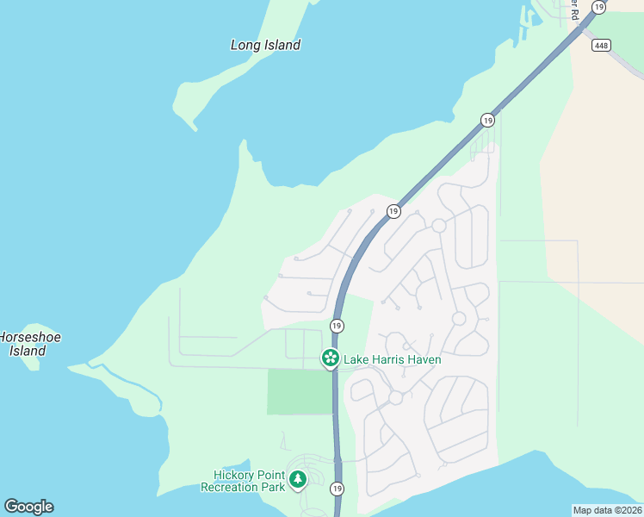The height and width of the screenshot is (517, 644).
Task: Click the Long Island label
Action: tap(265, 45)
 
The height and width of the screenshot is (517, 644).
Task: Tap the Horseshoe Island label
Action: tap(28, 344)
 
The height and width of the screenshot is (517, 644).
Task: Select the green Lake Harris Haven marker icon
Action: tap(330, 358)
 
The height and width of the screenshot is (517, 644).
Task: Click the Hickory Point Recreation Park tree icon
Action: tap(298, 478)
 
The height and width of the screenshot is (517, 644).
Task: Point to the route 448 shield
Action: tap(600, 45)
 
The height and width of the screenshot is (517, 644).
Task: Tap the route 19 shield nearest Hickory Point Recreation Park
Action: tap(337, 489)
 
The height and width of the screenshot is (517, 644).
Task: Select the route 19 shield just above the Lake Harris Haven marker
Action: tap(337, 326)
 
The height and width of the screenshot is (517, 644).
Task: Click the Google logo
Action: tap(28, 507)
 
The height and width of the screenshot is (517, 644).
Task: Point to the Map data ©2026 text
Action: tap(608, 510)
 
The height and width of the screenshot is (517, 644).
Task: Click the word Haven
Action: tap(422, 359)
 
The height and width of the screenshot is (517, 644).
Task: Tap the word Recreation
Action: tap(231, 487)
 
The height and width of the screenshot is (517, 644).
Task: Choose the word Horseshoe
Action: tap(29, 337)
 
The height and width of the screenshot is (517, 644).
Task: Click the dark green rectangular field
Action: tap(299, 392)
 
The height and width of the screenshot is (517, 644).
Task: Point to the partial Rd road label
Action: tap(573, 9)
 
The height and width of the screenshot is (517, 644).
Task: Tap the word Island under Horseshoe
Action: tap(28, 351)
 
